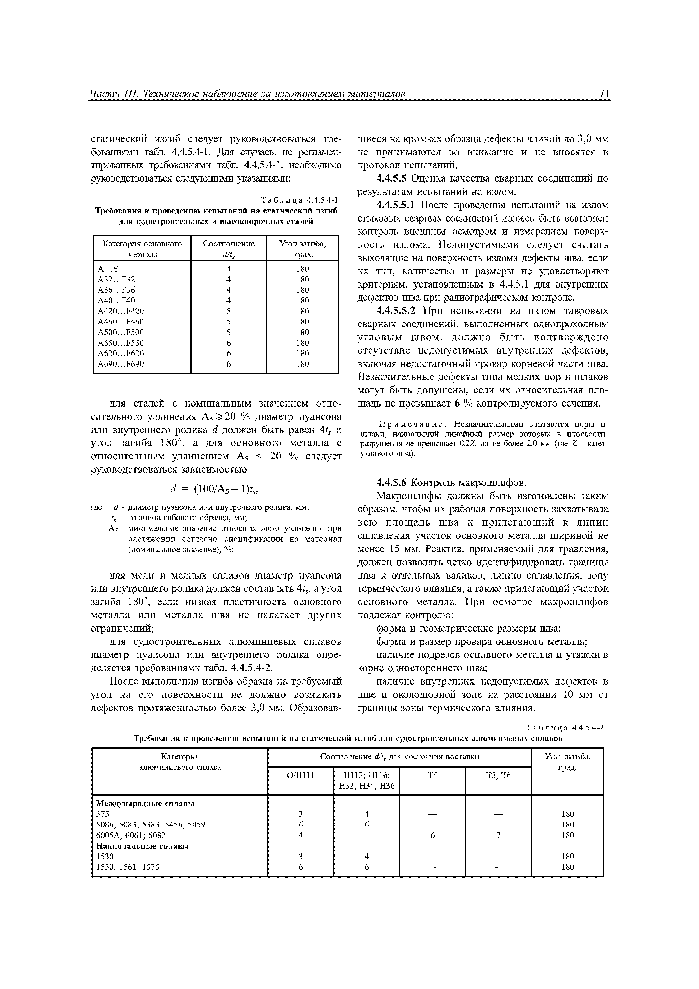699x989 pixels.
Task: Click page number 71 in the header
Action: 603,94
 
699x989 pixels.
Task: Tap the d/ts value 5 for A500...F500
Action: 229,332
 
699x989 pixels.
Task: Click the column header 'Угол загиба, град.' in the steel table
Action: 302,249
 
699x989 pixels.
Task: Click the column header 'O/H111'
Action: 301,775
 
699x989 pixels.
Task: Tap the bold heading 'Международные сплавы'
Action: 145,803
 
